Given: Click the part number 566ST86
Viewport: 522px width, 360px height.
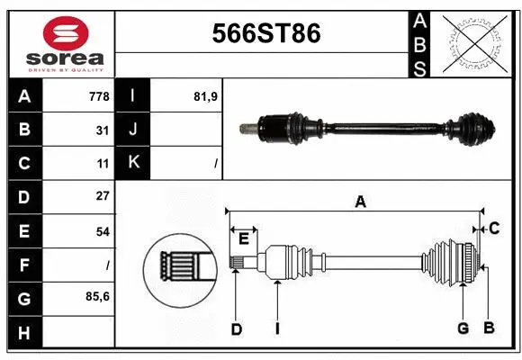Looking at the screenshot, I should coord(265,34).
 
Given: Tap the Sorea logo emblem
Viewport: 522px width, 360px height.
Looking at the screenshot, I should coord(58,33).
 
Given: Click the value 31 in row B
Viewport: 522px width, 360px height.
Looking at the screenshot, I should coord(103,130).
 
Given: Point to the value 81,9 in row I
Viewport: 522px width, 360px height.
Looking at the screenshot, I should coord(208,95).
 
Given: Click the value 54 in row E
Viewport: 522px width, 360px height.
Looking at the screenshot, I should coord(103,231).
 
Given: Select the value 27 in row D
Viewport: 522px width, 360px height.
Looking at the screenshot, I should coord(103,196).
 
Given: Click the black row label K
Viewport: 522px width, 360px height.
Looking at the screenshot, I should coord(133,163).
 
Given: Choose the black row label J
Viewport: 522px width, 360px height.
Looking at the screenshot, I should coord(133,130).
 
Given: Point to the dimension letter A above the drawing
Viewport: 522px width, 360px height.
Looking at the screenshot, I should coord(360,202).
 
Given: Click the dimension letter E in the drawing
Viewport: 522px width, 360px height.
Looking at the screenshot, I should coord(244,238).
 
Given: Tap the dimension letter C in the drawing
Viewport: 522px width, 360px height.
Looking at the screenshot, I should coord(494,229).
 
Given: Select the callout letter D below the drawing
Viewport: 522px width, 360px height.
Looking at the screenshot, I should coord(236,329).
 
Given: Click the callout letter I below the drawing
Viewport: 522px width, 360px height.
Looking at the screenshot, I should coord(278,329).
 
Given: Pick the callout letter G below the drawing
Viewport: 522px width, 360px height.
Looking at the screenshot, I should coord(463,328).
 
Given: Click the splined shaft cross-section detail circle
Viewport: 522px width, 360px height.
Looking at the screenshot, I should coord(178,266).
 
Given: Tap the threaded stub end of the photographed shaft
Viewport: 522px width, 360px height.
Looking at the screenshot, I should coord(245,129).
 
